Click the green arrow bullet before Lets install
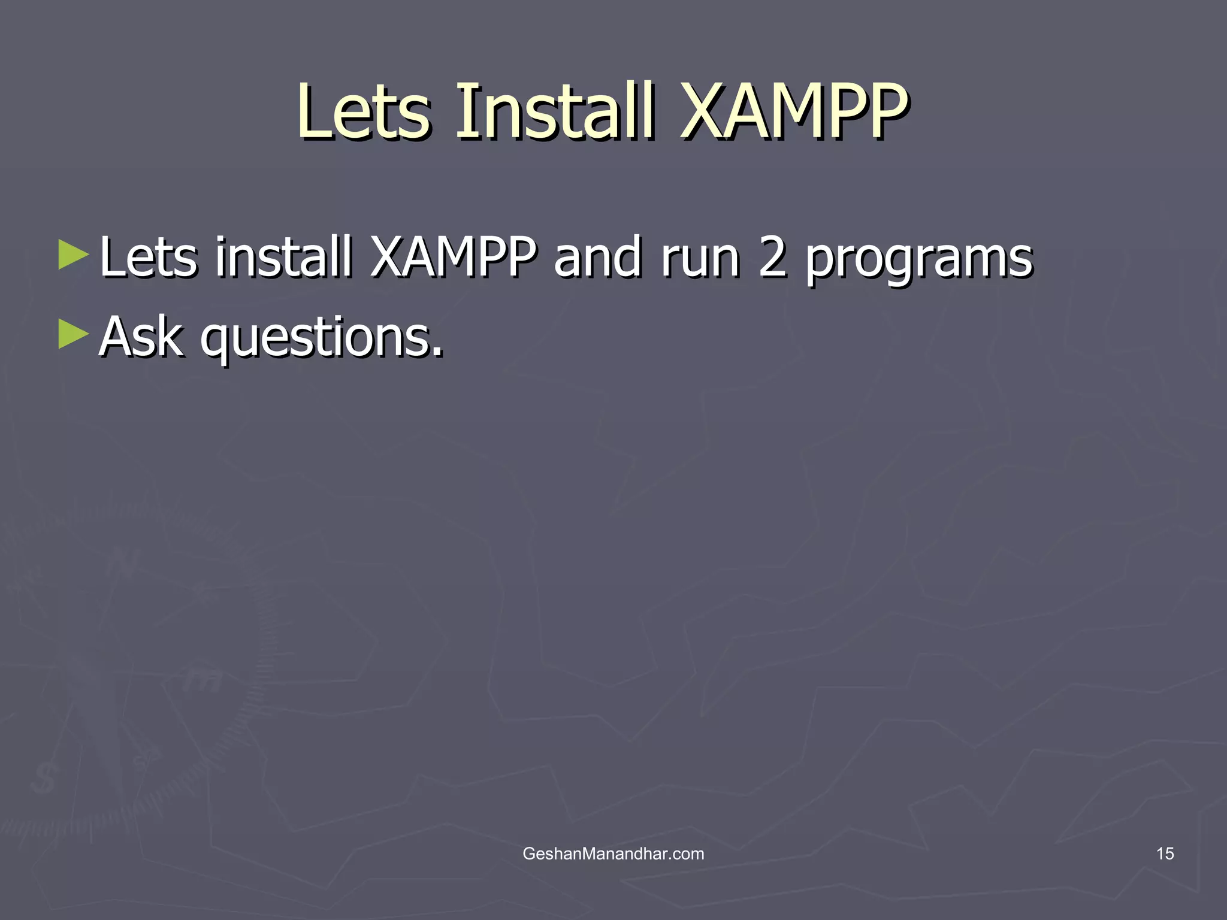coord(73,255)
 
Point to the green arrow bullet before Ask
coord(73,334)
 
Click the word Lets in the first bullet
coord(148,258)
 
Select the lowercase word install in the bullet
coord(283,258)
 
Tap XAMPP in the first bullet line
coord(454,258)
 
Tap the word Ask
coord(141,337)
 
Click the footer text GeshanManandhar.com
coord(613,854)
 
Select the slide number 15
coord(1165,854)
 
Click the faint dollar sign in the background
coord(44,778)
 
